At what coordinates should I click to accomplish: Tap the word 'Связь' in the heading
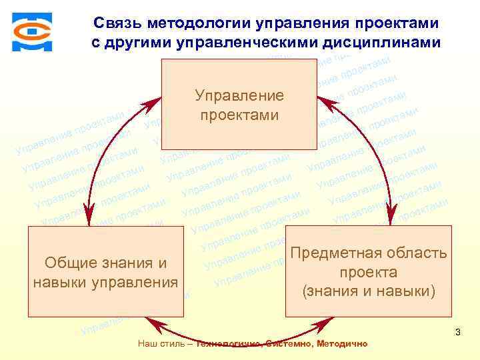tap(115, 23)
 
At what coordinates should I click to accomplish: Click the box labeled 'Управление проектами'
tap(239, 104)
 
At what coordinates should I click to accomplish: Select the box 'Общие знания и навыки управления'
tap(105, 271)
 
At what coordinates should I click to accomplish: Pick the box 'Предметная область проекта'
tap(368, 271)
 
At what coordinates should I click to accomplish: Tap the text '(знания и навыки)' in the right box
tap(369, 291)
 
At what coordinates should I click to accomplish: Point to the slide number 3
tap(457, 331)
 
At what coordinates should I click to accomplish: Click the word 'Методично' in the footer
tap(342, 343)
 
